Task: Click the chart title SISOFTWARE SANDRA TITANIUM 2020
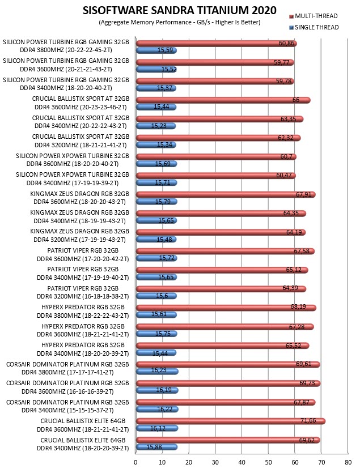click(x=179, y=11)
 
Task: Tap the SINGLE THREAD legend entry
click(x=314, y=27)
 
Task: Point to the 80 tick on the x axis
click(x=348, y=462)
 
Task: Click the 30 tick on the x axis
click(x=215, y=462)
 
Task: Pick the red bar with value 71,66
click(x=231, y=421)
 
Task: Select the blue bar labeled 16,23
click(x=157, y=372)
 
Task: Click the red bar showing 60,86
click(x=217, y=44)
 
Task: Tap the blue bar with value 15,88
click(x=156, y=447)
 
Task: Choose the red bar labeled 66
click(x=223, y=100)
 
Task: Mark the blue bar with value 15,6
click(x=156, y=296)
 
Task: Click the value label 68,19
click(x=298, y=307)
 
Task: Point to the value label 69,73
click(x=307, y=383)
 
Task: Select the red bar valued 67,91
click(x=226, y=194)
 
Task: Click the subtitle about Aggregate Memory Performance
click(x=179, y=22)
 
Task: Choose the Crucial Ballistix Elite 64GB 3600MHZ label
click(x=83, y=425)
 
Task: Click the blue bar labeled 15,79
click(x=156, y=202)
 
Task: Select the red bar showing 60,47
click(x=216, y=176)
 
